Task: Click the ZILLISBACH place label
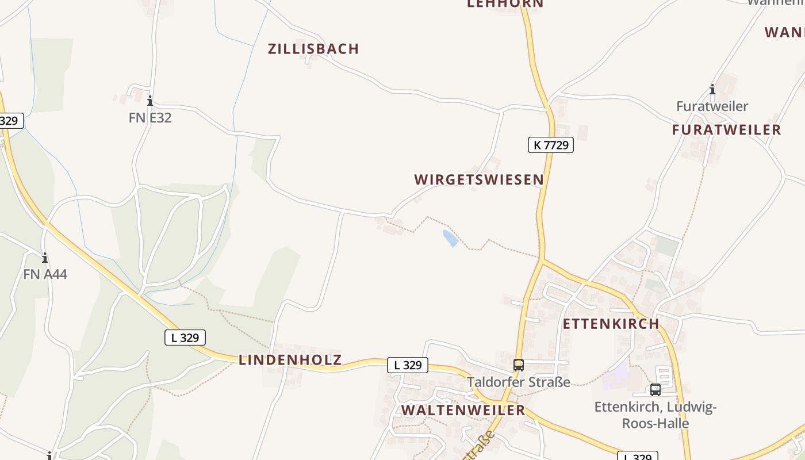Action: (x=313, y=49)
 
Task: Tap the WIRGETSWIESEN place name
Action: (x=479, y=179)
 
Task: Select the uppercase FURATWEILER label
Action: (x=727, y=130)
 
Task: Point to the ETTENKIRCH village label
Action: (x=611, y=324)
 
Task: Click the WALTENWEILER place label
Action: (x=463, y=411)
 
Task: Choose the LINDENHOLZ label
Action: (x=290, y=361)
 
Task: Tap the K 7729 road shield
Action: (x=551, y=145)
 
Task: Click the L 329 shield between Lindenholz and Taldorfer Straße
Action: (x=408, y=365)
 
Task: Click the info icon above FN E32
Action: (x=150, y=101)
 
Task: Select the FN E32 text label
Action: (x=150, y=118)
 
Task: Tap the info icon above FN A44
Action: (x=45, y=258)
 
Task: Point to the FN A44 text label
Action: (x=45, y=274)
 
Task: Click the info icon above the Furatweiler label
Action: (x=712, y=89)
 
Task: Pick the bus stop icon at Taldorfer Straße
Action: (x=519, y=365)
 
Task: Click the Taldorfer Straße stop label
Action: (x=519, y=382)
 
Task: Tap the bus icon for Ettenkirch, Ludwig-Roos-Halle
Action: (x=655, y=389)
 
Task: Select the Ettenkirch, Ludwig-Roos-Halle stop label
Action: (x=655, y=415)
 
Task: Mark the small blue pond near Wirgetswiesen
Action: (x=451, y=238)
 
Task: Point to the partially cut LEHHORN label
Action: (x=505, y=4)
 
